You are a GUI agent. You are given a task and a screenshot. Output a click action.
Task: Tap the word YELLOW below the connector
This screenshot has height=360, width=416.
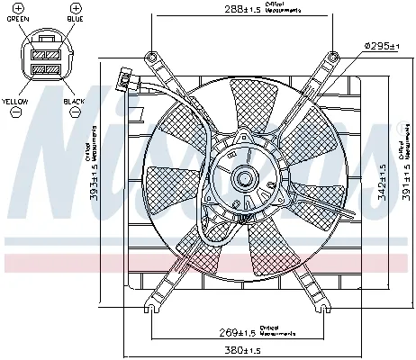(15, 102)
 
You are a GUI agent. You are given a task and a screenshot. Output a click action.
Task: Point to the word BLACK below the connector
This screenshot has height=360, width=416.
(74, 102)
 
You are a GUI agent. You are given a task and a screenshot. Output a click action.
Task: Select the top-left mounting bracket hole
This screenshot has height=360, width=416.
(152, 58)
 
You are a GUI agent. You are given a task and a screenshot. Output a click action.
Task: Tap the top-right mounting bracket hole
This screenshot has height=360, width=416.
(333, 58)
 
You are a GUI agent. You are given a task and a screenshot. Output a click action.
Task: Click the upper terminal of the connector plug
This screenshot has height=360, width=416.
(45, 53)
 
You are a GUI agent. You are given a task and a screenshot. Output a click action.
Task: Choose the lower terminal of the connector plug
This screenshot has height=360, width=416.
(45, 68)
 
